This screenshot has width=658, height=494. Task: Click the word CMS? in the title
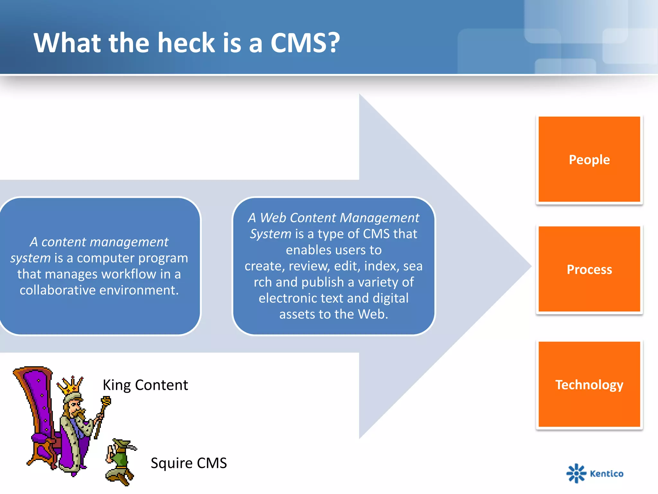pos(305,43)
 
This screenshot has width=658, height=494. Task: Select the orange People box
pos(589,160)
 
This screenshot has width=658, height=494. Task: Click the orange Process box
pos(589,269)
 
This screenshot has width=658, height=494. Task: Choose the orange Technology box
pos(589,384)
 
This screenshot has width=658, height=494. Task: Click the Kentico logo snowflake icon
pos(576,473)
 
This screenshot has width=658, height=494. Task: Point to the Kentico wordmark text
pos(607,473)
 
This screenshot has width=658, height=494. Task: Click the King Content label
pos(145,385)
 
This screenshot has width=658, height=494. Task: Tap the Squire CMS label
pos(189,463)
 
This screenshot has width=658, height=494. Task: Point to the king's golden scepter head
pos(106,401)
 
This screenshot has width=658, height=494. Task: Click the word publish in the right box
pos(322,282)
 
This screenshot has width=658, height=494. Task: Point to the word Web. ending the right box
pos(373,314)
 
